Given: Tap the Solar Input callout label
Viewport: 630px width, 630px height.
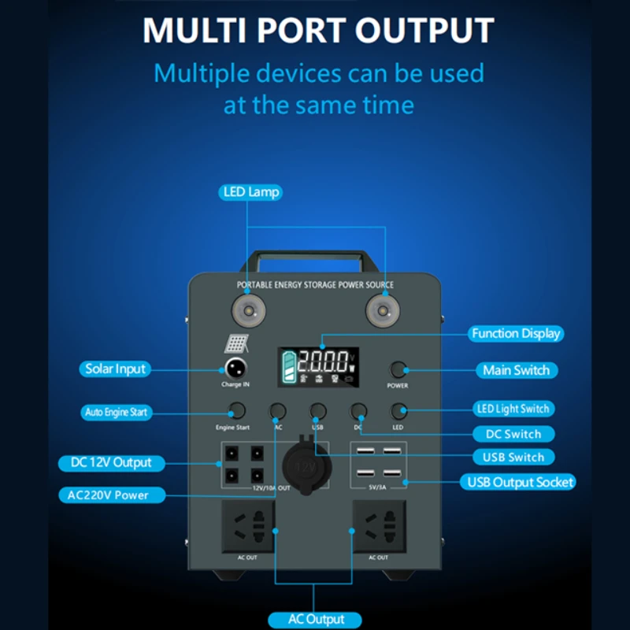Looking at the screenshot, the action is pos(116,369).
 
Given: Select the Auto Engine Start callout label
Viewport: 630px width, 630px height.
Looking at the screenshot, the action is pos(116,412).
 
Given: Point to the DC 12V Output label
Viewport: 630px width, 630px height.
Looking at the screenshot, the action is pos(111,462).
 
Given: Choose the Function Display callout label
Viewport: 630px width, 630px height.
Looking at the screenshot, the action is pos(516,333).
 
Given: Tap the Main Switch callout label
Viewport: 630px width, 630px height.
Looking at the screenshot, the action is pos(516,370).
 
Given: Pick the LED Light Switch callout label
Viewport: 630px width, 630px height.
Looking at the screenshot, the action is pos(513,409).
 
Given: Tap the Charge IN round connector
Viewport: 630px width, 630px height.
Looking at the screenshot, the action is pos(235,367).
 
